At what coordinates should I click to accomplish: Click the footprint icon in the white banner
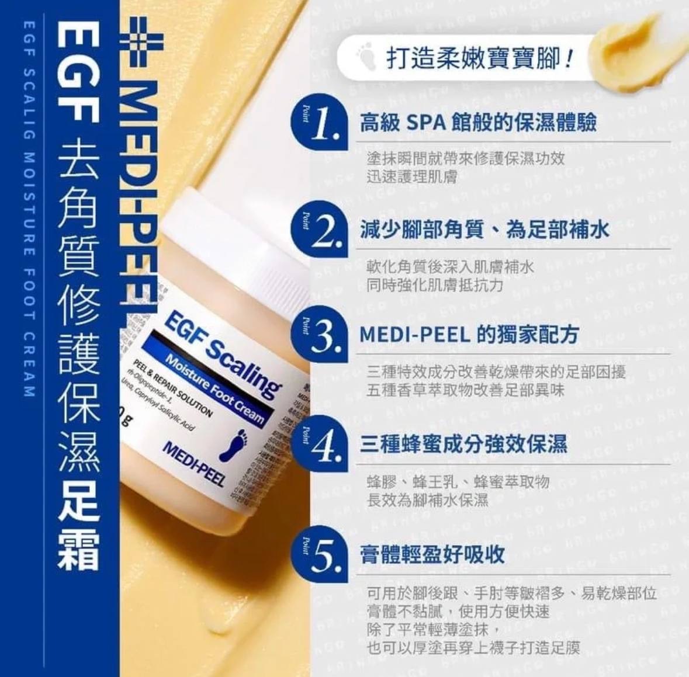(367, 58)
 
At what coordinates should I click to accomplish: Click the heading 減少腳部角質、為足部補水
(484, 230)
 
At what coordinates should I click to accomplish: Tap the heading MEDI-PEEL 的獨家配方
(469, 334)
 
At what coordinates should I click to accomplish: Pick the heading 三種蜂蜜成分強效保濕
(463, 444)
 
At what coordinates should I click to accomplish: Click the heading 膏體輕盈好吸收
(432, 554)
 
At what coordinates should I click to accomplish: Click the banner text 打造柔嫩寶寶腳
(478, 58)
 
